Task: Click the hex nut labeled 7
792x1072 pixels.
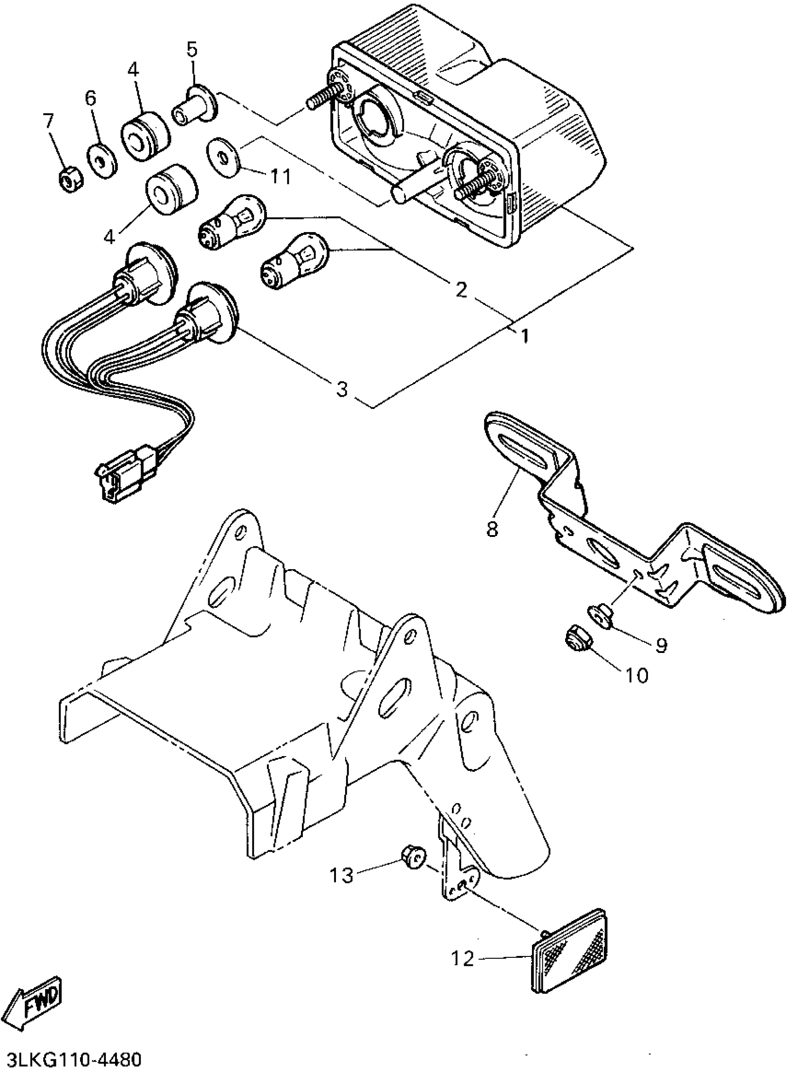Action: (69, 180)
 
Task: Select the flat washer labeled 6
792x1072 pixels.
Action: (102, 160)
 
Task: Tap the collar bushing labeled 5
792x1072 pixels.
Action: (193, 106)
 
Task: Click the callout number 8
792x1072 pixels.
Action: (492, 529)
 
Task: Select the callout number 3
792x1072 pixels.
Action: (342, 389)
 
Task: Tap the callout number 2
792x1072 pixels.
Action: (461, 289)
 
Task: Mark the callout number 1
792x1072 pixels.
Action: (525, 336)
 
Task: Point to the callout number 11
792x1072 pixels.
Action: (280, 177)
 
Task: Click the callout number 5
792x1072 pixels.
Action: (192, 49)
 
